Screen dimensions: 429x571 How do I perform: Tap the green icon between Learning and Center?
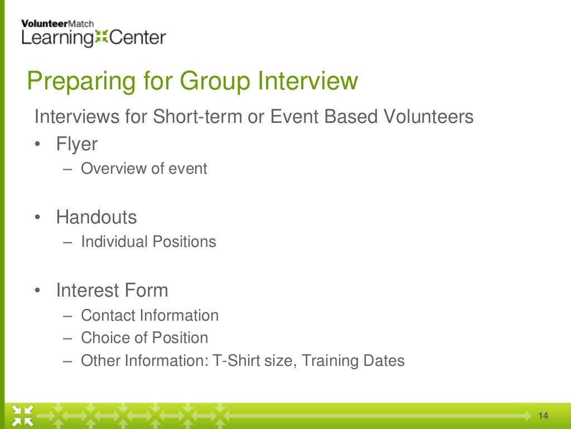click(101, 38)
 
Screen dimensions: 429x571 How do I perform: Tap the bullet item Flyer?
click(76, 144)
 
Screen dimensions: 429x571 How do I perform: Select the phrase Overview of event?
click(144, 169)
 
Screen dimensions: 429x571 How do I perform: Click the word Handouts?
click(96, 217)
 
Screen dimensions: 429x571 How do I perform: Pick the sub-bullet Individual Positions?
click(148, 242)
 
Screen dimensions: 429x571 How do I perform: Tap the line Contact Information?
click(149, 316)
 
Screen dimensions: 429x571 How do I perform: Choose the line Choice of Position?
click(144, 338)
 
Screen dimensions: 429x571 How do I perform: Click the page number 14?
click(543, 416)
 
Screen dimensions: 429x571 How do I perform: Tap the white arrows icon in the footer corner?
click(23, 414)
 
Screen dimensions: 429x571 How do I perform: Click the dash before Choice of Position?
click(68, 338)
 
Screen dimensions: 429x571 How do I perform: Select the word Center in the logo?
click(137, 38)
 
